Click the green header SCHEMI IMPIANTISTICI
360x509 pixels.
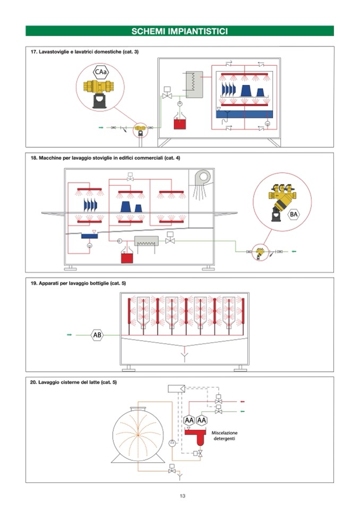(x=179, y=31)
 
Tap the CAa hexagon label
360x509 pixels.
(x=101, y=72)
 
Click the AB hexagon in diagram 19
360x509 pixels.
(x=97, y=335)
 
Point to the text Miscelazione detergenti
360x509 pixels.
(x=224, y=436)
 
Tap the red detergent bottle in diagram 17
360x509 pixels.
(x=179, y=123)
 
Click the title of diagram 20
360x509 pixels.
(x=74, y=382)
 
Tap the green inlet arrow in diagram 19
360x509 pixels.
(x=68, y=335)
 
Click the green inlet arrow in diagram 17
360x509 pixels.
(x=101, y=128)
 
